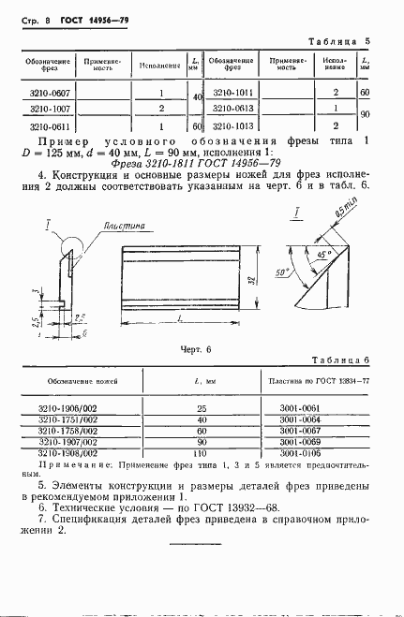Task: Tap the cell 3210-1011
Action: click(233, 93)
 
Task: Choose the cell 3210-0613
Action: click(233, 109)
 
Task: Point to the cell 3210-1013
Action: click(233, 125)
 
